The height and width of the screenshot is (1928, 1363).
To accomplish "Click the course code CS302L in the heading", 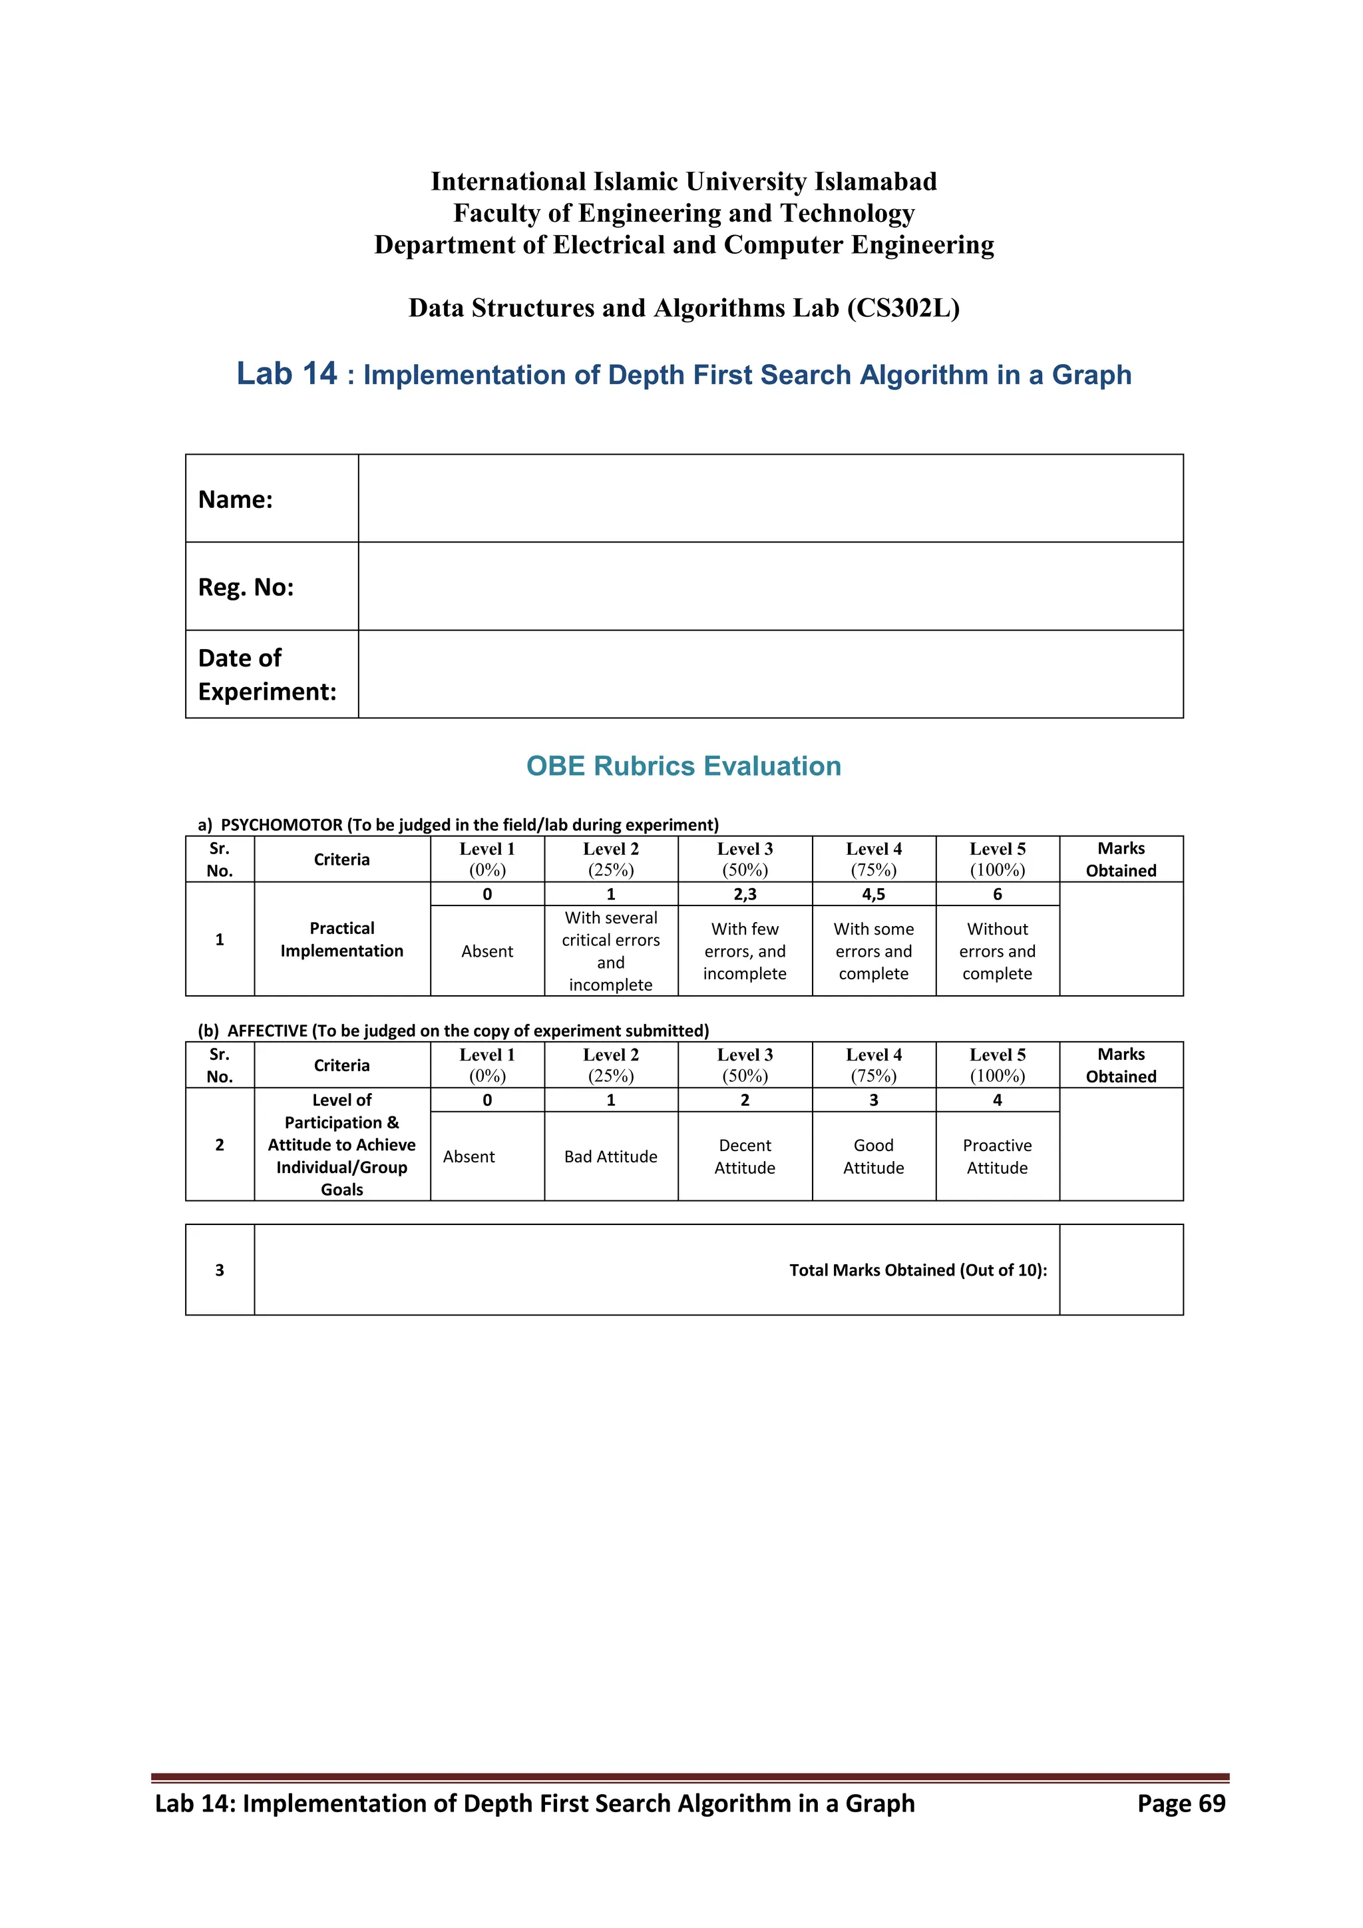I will [902, 308].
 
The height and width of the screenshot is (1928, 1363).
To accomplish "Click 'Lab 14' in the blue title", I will [286, 373].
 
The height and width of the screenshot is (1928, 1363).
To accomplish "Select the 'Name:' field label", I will [236, 499].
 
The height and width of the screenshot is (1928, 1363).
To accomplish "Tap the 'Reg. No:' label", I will [246, 587].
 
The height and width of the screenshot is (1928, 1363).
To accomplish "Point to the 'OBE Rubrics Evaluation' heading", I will [683, 766].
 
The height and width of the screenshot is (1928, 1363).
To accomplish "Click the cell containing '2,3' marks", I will [745, 894].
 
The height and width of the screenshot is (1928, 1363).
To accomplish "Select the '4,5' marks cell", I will [873, 894].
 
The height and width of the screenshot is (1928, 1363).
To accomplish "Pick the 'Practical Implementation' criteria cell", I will [341, 939].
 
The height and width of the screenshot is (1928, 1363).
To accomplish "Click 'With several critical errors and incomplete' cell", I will [610, 951].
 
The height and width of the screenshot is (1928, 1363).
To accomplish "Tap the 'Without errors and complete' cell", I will [997, 951].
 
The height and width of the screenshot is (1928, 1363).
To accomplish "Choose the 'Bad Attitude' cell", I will [610, 1156].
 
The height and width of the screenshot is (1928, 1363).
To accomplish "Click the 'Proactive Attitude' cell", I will [997, 1156].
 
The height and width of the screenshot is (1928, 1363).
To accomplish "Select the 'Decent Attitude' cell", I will [745, 1156].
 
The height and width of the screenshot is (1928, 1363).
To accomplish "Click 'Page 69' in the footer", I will [1181, 1803].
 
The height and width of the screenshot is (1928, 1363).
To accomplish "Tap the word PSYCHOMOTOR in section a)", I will [281, 825].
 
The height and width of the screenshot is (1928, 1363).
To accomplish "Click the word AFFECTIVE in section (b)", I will [267, 1031].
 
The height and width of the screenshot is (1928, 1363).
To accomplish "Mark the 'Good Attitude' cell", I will [873, 1156].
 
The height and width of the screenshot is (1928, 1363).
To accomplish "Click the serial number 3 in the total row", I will [220, 1270].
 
